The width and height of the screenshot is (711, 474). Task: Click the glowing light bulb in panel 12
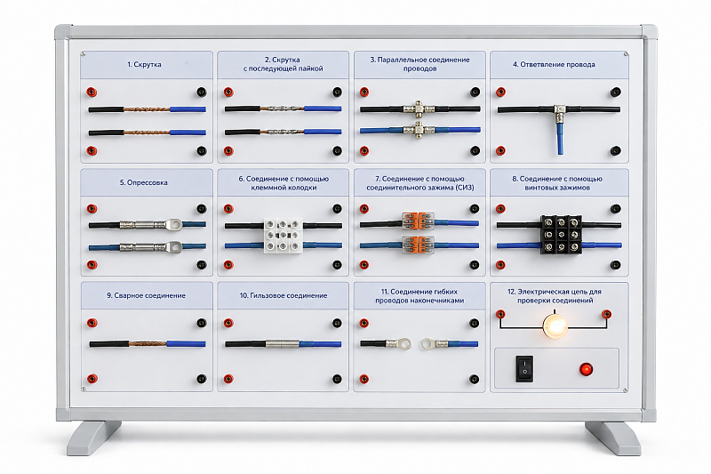pyautogui.click(x=555, y=325)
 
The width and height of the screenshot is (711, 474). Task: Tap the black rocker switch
pyautogui.click(x=524, y=368)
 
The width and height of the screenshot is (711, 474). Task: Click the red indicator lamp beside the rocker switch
pyautogui.click(x=586, y=369)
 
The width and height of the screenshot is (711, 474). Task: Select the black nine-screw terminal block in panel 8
pyautogui.click(x=562, y=234)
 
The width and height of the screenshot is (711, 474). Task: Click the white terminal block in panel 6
pyautogui.click(x=284, y=235)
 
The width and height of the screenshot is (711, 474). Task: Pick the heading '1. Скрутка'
pyautogui.click(x=144, y=64)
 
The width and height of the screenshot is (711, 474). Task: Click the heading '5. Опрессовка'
pyautogui.click(x=144, y=182)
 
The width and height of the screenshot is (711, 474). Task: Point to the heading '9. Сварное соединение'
pyautogui.click(x=146, y=295)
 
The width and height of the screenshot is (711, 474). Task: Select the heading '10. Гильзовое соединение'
pyautogui.click(x=284, y=295)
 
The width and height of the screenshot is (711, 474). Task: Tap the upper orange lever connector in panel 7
pyautogui.click(x=418, y=221)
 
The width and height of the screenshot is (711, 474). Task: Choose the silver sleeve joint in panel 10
pyautogui.click(x=282, y=344)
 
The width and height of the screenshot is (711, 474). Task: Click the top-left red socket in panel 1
pyautogui.click(x=92, y=92)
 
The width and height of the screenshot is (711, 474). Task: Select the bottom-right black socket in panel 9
pyautogui.click(x=201, y=379)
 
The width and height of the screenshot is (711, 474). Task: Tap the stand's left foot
pyautogui.click(x=93, y=438)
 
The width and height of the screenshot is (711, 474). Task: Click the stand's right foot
pyautogui.click(x=613, y=438)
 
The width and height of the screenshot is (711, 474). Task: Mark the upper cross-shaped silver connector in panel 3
pyautogui.click(x=419, y=108)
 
